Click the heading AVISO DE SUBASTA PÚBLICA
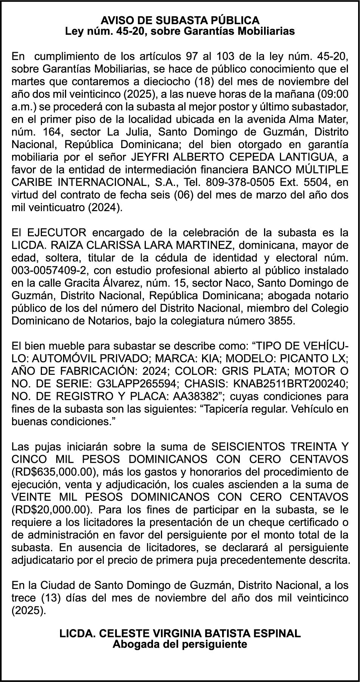[x=180, y=20]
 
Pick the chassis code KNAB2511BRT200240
[x=290, y=384]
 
